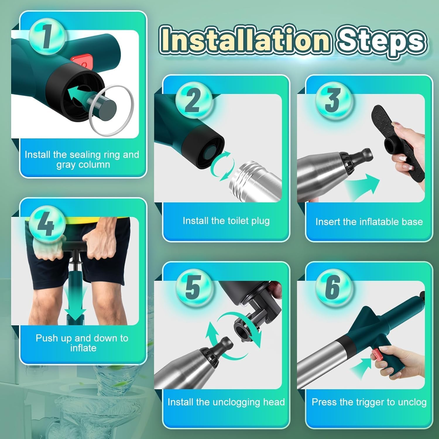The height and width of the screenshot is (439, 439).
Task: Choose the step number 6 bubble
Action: [333, 287]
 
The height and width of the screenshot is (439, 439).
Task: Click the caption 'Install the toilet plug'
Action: [226, 221]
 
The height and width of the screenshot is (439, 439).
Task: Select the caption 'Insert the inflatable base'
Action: [369, 222]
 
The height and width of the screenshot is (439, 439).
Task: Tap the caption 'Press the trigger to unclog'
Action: [369, 402]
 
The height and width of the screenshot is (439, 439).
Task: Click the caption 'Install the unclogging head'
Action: [226, 402]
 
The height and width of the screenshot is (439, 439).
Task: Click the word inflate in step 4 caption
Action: [83, 348]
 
